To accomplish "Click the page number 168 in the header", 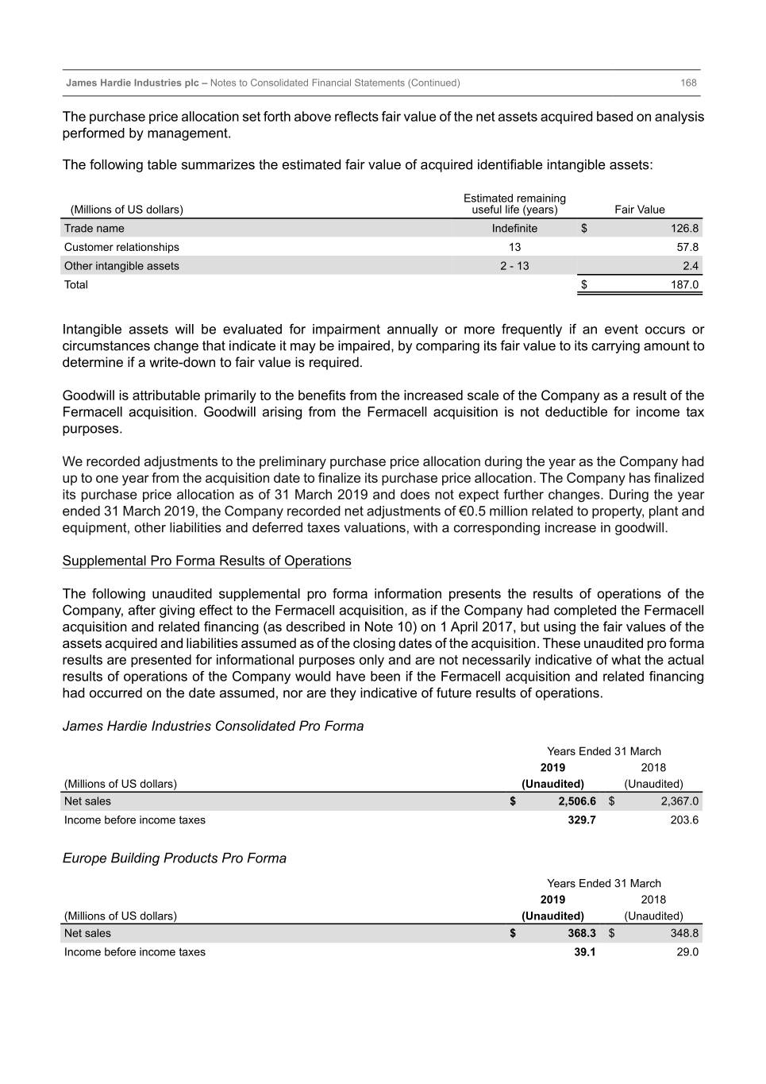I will point(688,83).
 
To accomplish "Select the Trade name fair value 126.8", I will point(684,229).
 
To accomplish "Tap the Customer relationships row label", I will point(121,248).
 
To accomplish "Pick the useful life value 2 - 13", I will point(514,266).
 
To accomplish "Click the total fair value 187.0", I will point(684,285).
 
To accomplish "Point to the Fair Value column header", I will point(639,210).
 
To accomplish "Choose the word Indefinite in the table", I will point(514,229).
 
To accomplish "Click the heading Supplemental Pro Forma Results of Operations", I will point(206,561).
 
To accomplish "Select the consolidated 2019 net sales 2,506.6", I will point(576,802).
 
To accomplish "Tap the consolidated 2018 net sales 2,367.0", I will point(679,802).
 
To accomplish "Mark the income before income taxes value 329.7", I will point(582,820).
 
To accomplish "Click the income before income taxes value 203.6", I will point(684,820).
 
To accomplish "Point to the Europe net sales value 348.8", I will point(684,934).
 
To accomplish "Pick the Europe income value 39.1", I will point(585,952).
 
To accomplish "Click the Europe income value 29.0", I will point(687,952).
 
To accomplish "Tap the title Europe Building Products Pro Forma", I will point(174,858).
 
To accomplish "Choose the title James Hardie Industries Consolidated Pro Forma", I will point(213,727).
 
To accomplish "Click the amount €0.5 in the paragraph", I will point(472,511).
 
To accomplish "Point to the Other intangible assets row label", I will point(121,266).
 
